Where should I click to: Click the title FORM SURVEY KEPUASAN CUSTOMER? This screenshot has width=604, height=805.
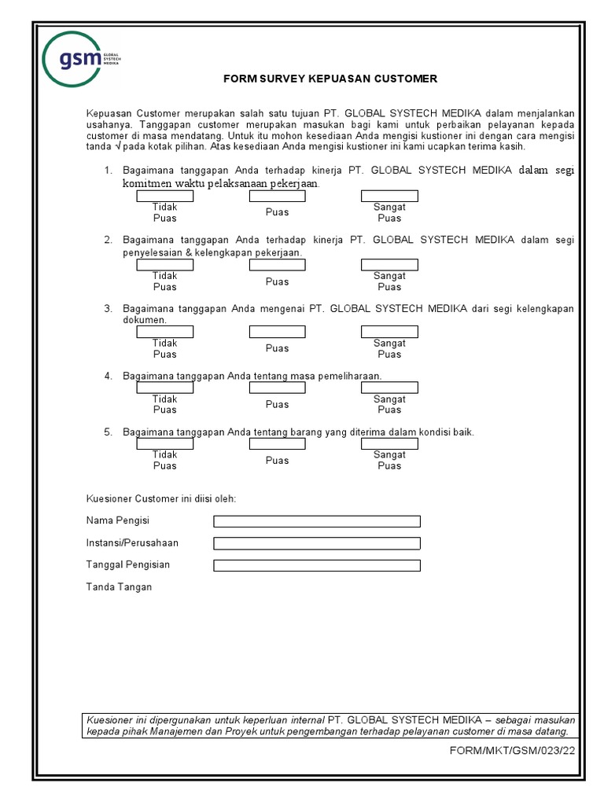click(330, 79)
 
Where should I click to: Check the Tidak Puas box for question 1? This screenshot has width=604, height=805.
click(165, 196)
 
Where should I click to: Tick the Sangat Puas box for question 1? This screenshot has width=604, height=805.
click(389, 196)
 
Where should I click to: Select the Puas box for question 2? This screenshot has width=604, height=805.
click(277, 265)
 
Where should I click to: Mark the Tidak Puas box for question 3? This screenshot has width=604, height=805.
click(165, 332)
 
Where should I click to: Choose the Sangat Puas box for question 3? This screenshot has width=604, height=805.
click(389, 332)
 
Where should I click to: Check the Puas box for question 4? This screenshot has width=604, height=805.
click(277, 388)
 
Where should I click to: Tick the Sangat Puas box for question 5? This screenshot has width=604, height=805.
click(389, 444)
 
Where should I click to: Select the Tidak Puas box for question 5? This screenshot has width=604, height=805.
click(165, 444)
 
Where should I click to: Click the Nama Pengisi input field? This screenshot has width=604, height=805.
click(317, 521)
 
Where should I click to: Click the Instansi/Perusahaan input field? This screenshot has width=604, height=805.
click(317, 543)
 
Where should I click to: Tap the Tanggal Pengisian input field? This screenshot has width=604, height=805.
click(317, 565)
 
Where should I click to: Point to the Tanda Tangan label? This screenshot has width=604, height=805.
click(119, 587)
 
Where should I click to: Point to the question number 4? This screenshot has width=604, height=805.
click(108, 377)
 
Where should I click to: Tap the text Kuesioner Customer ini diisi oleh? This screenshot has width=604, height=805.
click(160, 498)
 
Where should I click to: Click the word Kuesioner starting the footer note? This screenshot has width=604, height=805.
click(110, 719)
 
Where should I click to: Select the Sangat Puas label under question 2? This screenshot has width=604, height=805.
click(389, 281)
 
